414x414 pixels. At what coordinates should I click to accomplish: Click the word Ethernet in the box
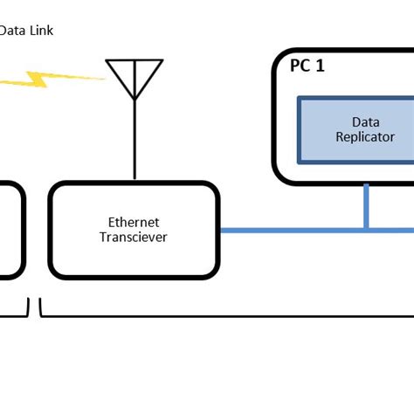[x=134, y=222]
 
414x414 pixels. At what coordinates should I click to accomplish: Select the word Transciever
[x=134, y=237]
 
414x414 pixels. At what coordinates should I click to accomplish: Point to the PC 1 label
[x=307, y=65]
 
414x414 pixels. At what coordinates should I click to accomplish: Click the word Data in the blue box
[x=366, y=122]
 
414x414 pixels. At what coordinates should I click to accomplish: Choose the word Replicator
[x=366, y=137]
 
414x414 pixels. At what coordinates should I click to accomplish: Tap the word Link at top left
[x=40, y=31]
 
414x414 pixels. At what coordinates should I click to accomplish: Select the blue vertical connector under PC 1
[x=366, y=207]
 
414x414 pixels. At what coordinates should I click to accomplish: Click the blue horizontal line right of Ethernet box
[x=288, y=231]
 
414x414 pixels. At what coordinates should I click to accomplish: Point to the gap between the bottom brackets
[x=35, y=307]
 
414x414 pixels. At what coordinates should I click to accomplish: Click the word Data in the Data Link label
[x=11, y=31]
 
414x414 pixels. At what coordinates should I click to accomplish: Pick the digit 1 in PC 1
[x=320, y=65]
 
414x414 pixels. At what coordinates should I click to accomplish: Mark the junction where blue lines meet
[x=366, y=231]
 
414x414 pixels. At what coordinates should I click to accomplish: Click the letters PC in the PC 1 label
[x=300, y=65]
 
